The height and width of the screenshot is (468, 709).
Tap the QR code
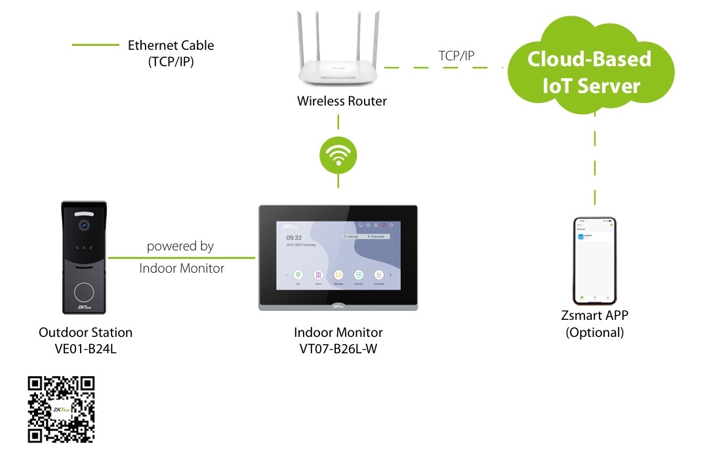point(61,410)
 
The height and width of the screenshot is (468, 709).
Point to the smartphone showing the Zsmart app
point(595,261)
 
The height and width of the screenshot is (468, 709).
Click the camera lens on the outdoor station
point(83,225)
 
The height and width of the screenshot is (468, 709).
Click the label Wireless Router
point(342,102)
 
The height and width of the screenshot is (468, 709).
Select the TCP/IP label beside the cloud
point(456,56)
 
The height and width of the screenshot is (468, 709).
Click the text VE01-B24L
point(86,348)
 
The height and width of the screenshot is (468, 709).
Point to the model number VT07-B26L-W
point(338,348)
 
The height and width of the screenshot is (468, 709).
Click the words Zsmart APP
point(595,316)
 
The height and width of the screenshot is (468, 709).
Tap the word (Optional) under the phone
point(595,332)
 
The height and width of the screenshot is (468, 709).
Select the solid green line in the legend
point(94,45)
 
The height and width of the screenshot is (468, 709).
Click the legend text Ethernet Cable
point(171,46)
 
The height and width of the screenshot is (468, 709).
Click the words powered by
point(180,246)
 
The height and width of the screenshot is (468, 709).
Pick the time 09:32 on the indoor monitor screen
point(294,238)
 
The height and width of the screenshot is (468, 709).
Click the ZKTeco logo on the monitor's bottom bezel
point(338,306)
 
